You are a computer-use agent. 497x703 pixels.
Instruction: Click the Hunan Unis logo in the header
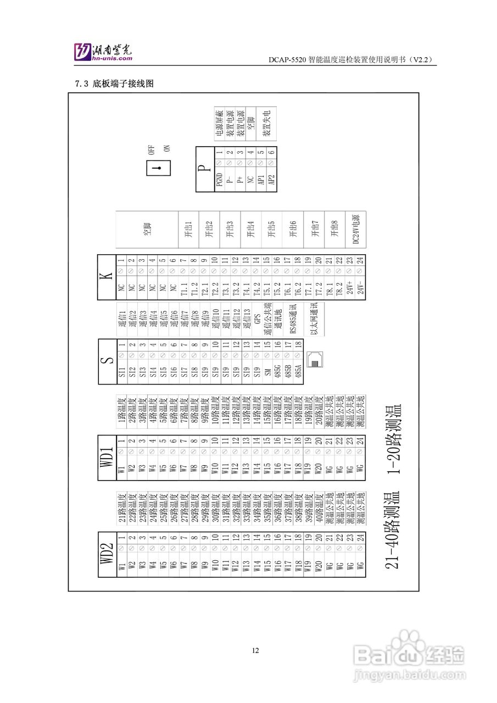coord(104,52)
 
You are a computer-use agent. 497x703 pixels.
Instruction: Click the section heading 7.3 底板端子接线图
coord(114,84)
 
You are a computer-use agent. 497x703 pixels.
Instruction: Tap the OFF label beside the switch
coord(152,149)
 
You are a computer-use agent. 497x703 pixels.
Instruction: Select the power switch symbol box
coord(157,168)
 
